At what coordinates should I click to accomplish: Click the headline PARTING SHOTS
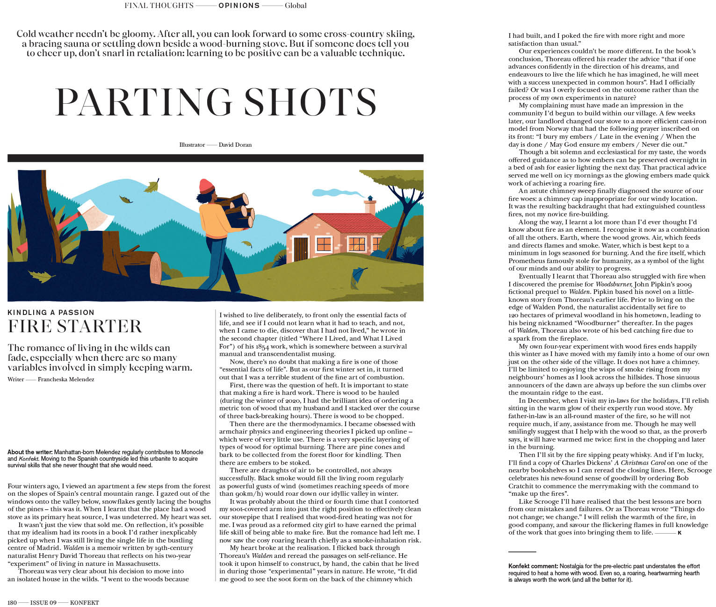click(216, 102)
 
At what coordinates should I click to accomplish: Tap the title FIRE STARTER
click(75, 326)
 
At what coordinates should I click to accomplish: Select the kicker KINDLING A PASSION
click(51, 312)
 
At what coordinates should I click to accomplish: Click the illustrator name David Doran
click(235, 145)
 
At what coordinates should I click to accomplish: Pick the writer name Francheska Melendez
click(66, 379)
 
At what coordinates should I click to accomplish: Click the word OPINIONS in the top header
click(239, 6)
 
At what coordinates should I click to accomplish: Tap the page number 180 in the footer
click(12, 602)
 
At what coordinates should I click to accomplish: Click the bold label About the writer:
click(30, 452)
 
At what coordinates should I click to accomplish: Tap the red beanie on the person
click(206, 186)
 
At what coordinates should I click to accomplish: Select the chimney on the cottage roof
click(370, 206)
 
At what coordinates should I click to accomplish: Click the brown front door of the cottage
click(301, 249)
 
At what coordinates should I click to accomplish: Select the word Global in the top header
click(296, 6)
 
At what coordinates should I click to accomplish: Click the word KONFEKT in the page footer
click(84, 602)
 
